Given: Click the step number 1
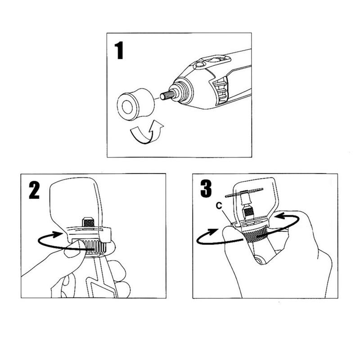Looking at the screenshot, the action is point(119,50).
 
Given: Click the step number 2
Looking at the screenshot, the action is point(34,190).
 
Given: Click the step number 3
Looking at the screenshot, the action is point(206,189).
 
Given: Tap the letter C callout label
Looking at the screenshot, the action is point(219,206).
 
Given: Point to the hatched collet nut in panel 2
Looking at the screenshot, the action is point(88,222).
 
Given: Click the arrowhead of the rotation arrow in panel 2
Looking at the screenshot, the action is point(58,234).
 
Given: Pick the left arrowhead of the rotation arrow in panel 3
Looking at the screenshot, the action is point(212,232).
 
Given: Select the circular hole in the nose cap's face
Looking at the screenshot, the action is point(126,107).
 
